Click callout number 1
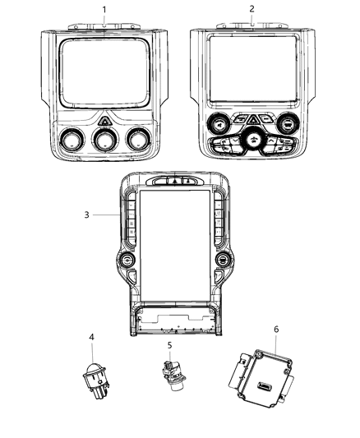[x=104, y=9]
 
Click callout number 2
[x=252, y=9]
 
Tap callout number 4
[x=91, y=337]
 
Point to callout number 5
[x=169, y=346]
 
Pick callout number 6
[x=276, y=329]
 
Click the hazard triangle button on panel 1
[x=104, y=120]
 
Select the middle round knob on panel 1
[x=104, y=141]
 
